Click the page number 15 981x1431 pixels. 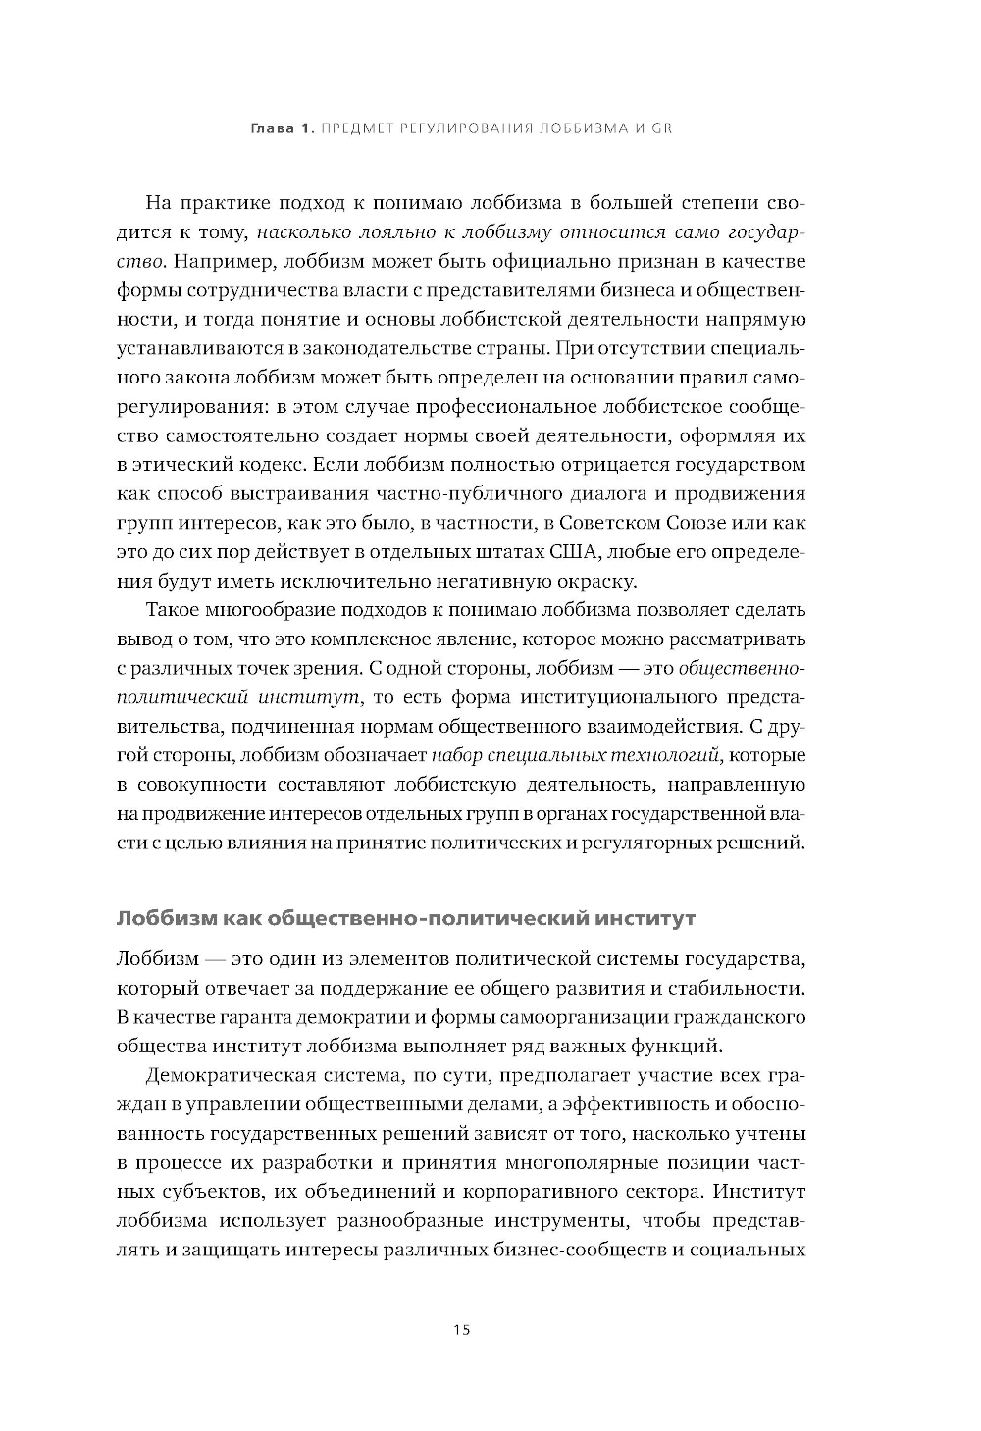click(462, 1329)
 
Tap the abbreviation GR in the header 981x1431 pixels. click(661, 128)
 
